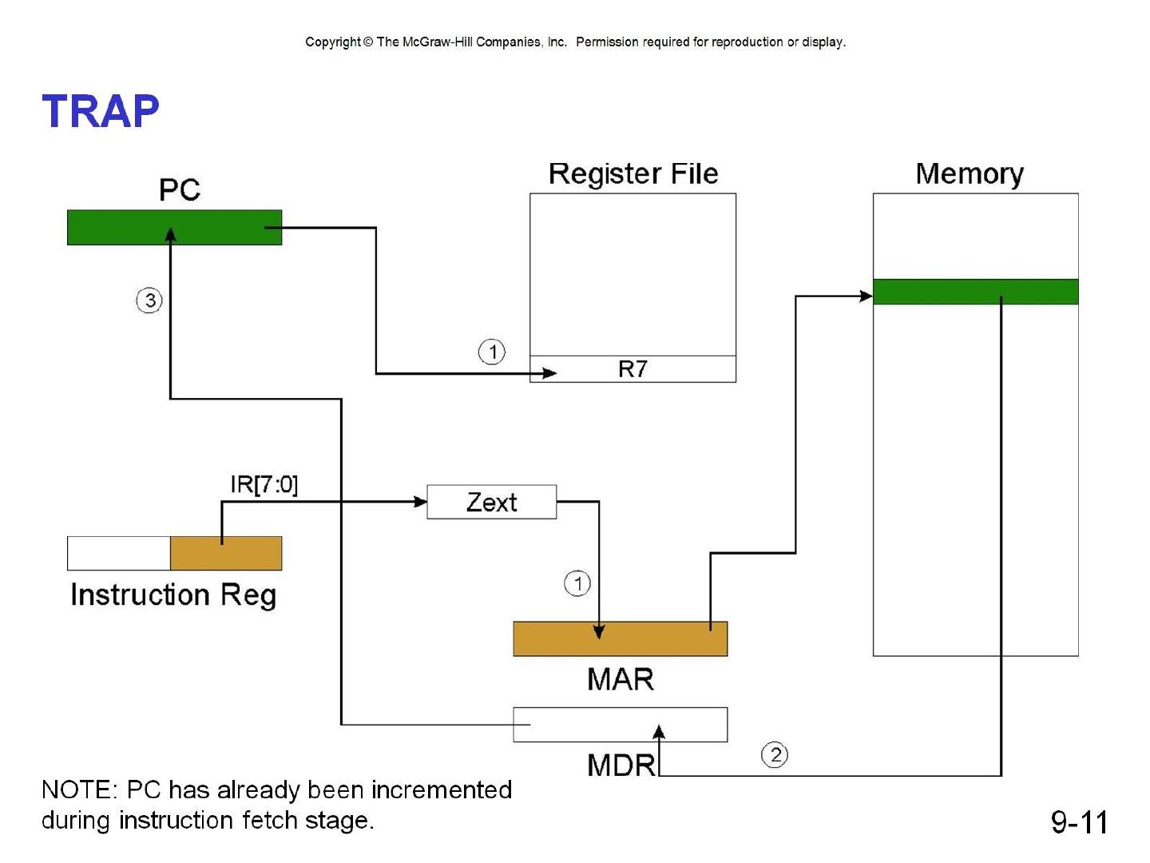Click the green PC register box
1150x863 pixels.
(174, 228)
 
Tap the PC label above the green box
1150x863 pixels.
(179, 189)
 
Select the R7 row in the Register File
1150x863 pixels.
(632, 369)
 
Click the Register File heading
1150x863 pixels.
(632, 173)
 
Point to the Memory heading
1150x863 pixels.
(970, 173)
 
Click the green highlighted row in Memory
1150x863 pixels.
(976, 292)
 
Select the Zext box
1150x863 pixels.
(491, 502)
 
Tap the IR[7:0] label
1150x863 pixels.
(264, 484)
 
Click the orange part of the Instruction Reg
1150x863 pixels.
(226, 553)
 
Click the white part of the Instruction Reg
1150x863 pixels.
(119, 553)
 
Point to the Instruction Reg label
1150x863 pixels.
(173, 595)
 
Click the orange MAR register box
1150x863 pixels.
(621, 638)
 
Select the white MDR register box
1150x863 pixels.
(621, 725)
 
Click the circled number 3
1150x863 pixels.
(149, 300)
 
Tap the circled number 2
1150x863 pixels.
(775, 754)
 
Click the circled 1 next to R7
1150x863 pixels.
(491, 352)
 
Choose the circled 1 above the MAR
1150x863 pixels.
(577, 583)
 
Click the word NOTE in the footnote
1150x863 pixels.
(80, 789)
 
